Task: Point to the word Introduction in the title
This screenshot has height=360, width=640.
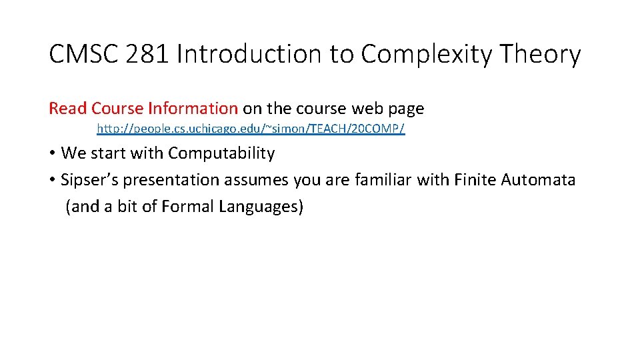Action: click(x=250, y=54)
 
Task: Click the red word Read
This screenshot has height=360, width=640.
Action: click(x=68, y=108)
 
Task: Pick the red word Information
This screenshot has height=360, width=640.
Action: click(x=193, y=108)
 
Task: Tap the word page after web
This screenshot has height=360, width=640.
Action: click(x=404, y=109)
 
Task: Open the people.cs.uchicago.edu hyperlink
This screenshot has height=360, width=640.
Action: click(x=251, y=128)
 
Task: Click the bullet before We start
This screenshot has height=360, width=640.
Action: click(x=52, y=153)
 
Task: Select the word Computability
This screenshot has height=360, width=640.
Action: click(x=221, y=153)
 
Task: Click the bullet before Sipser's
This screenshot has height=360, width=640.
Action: click(x=52, y=180)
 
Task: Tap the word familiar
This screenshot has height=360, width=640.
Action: click(x=384, y=180)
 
